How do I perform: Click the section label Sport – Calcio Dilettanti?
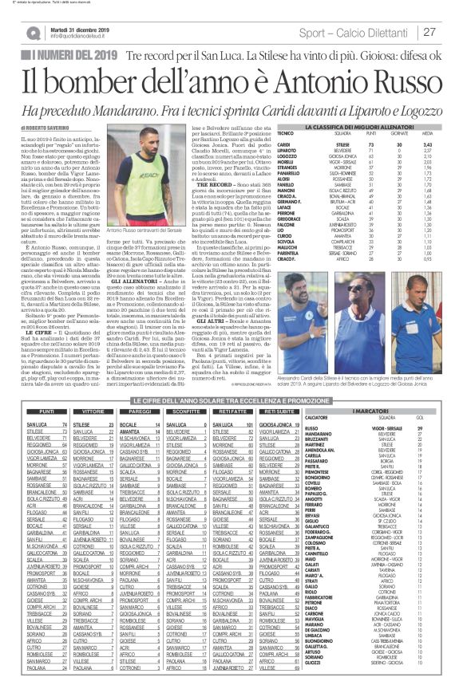coord(367,33)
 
